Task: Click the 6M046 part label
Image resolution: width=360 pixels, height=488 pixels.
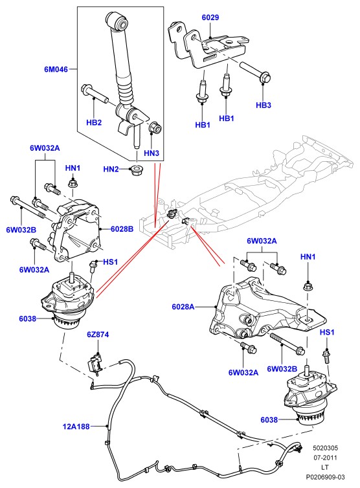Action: point(56,69)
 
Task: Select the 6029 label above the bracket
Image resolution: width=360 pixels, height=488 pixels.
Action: point(210,17)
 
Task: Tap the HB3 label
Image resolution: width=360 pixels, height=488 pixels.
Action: point(264,105)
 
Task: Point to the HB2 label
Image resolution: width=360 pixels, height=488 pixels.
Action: point(94,122)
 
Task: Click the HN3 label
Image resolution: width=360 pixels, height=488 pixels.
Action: point(152,153)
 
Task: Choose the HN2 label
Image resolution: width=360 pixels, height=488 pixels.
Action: point(111,170)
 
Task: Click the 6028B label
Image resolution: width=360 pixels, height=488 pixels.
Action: point(122,229)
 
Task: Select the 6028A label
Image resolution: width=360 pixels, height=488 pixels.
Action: point(183,307)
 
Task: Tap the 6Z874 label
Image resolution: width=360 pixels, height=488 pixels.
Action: point(98,335)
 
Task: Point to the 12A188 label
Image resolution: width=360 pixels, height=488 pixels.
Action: point(76,427)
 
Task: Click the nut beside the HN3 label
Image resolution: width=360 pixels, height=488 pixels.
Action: point(155,128)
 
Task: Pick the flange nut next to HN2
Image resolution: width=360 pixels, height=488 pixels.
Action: point(136,170)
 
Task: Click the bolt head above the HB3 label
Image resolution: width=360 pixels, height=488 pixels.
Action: point(265,78)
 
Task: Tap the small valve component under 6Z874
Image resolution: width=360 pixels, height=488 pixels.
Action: point(95,362)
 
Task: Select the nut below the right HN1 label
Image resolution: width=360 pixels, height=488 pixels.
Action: point(308,286)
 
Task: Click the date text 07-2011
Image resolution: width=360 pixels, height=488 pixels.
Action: point(325,458)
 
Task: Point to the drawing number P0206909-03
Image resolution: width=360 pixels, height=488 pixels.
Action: point(325,477)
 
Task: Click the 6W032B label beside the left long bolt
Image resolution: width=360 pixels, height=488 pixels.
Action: point(21,230)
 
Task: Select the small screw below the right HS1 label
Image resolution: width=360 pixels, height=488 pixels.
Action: point(326,356)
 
